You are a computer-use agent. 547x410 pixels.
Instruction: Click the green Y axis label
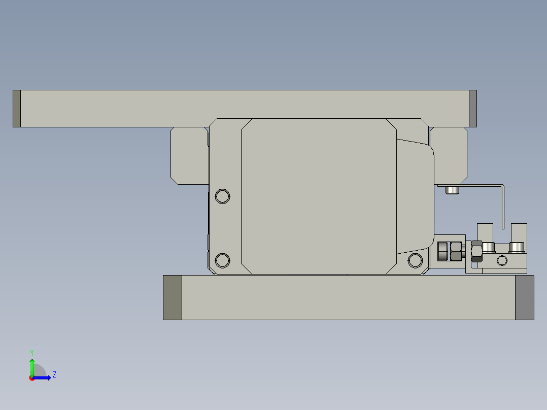coord(32,352)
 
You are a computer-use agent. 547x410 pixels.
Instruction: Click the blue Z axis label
coord(54,375)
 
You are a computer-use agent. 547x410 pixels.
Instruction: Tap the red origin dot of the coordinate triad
coord(31,378)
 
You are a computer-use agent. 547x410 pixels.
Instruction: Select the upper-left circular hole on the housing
coord(222,196)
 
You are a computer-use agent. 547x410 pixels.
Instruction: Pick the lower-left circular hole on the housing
coord(222,260)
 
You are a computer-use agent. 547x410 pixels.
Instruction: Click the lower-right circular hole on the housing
coord(415,260)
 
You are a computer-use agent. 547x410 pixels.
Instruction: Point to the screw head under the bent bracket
coord(452,190)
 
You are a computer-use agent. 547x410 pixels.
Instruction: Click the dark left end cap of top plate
coord(17,109)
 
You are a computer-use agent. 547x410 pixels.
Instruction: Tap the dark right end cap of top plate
coord(473,109)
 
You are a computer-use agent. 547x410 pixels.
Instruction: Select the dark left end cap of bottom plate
coord(173,297)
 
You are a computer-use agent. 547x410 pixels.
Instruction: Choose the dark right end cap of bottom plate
coord(525,297)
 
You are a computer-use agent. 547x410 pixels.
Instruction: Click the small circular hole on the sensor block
coord(502,261)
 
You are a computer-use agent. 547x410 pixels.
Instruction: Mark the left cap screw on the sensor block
coord(488,248)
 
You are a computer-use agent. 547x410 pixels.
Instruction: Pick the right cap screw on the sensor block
coord(517,248)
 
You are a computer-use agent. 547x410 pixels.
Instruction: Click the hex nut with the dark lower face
coord(476,251)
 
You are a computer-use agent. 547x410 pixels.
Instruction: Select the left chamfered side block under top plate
coord(189,156)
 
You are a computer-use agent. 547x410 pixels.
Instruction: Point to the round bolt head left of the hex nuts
coord(442,251)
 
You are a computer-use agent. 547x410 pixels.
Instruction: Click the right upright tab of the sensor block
coord(519,232)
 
